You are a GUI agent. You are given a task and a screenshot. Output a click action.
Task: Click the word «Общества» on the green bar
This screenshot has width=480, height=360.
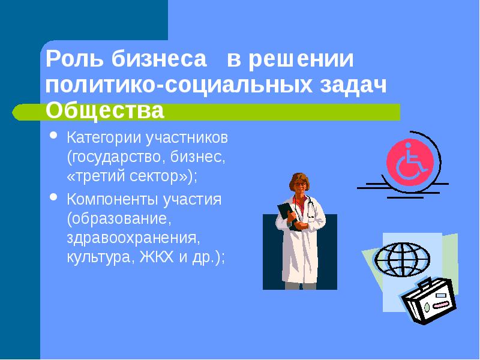click(x=105, y=110)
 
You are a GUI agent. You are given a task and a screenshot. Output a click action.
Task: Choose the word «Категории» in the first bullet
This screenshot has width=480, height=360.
click(x=103, y=138)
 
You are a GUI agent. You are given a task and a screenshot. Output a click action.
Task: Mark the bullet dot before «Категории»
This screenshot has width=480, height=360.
click(x=54, y=136)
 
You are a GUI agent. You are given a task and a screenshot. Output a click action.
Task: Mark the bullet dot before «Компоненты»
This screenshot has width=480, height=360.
click(x=54, y=197)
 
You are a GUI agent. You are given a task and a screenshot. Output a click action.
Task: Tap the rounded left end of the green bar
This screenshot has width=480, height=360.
click(x=18, y=112)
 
